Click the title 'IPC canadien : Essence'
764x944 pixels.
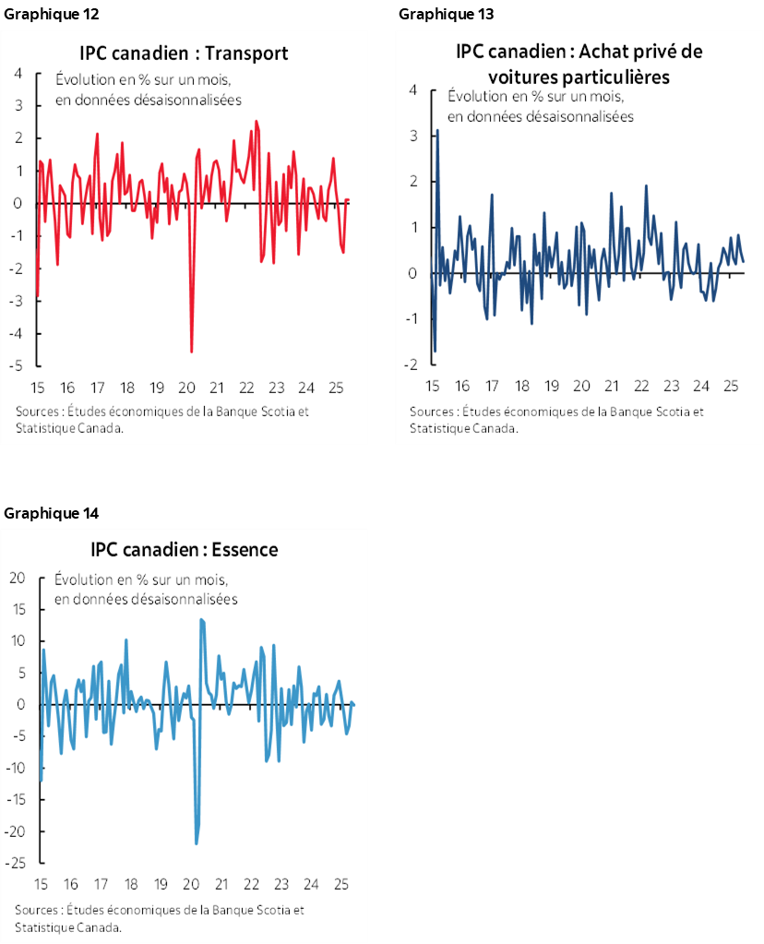click(x=185, y=550)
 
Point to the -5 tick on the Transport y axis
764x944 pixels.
click(x=18, y=365)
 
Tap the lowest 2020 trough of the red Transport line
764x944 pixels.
click(x=191, y=351)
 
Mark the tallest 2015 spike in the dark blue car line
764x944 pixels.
click(x=436, y=131)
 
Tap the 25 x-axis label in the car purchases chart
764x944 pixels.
click(x=731, y=386)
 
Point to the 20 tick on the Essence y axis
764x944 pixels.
click(x=15, y=579)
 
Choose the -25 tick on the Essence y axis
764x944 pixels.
click(x=15, y=864)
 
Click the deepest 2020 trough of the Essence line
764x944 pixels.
click(x=197, y=842)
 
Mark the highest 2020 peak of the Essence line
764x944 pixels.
click(x=201, y=620)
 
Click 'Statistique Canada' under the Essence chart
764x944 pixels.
click(x=67, y=926)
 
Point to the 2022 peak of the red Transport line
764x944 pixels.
click(x=256, y=122)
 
